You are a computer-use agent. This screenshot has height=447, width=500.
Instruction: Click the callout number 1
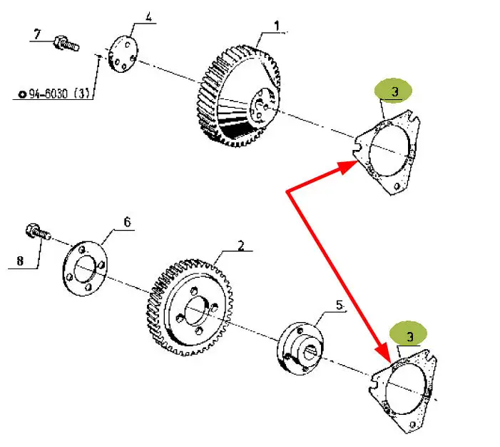coord(276,26)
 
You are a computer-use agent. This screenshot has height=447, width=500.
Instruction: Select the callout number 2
coord(241,246)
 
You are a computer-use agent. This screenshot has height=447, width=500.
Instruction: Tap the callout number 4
coord(148,16)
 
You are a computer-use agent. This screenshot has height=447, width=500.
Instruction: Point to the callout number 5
coord(340,305)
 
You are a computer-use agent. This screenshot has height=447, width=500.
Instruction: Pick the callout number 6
coord(127,222)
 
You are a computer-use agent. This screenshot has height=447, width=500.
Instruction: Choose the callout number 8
coord(20,261)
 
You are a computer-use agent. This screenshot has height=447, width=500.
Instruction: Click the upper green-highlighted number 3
coord(394,91)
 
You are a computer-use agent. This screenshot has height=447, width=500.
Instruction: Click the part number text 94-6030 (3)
coord(56,94)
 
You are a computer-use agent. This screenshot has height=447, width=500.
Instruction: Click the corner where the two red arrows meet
coord(287,192)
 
